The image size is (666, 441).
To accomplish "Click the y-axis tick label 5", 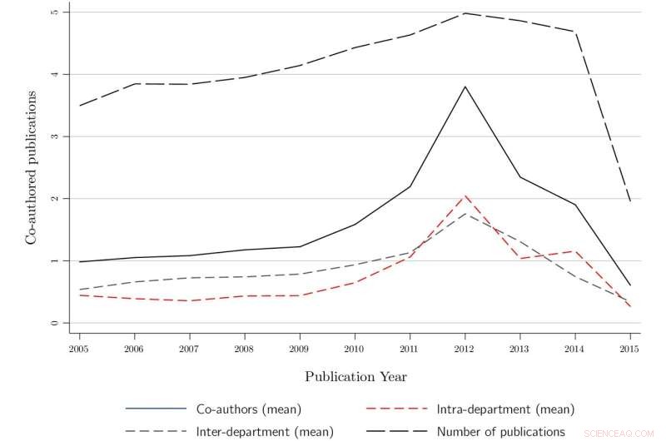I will click(54, 12).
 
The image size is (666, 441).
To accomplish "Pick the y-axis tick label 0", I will click(54, 323).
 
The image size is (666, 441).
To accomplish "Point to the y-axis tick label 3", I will click(54, 136).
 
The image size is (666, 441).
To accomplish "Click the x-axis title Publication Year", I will click(355, 376).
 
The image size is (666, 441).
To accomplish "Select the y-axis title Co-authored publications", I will click(31, 167).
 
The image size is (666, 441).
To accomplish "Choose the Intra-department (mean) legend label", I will click(505, 409).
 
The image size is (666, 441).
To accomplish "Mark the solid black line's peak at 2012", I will click(465, 87).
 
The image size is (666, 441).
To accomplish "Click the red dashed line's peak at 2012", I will click(465, 196).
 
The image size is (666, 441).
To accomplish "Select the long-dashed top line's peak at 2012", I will click(465, 13).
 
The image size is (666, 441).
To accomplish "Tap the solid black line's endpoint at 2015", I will click(630, 285).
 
